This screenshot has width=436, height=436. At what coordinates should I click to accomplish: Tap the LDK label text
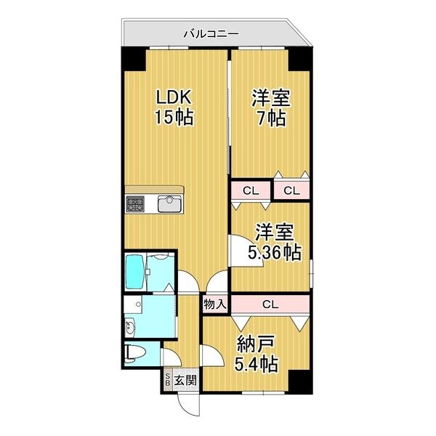[x=174, y=97]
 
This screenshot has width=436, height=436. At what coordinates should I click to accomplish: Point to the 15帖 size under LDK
[x=174, y=117]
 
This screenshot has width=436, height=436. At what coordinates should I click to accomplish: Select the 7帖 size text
[x=271, y=119]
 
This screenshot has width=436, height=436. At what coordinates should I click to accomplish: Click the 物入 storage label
[x=216, y=304]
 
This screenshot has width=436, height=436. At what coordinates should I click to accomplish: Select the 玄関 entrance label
[x=186, y=379]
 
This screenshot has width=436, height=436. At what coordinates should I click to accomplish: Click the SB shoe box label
[x=169, y=379]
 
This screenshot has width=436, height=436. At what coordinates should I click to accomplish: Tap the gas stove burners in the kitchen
[x=136, y=203]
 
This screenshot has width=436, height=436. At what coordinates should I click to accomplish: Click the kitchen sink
[x=169, y=203]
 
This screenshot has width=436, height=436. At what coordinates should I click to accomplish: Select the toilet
[x=135, y=354]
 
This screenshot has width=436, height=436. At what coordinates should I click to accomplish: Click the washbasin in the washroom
[x=131, y=328]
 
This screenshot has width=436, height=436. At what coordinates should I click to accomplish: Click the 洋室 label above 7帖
[x=271, y=97]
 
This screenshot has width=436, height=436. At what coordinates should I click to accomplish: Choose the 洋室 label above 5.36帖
[x=274, y=233]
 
